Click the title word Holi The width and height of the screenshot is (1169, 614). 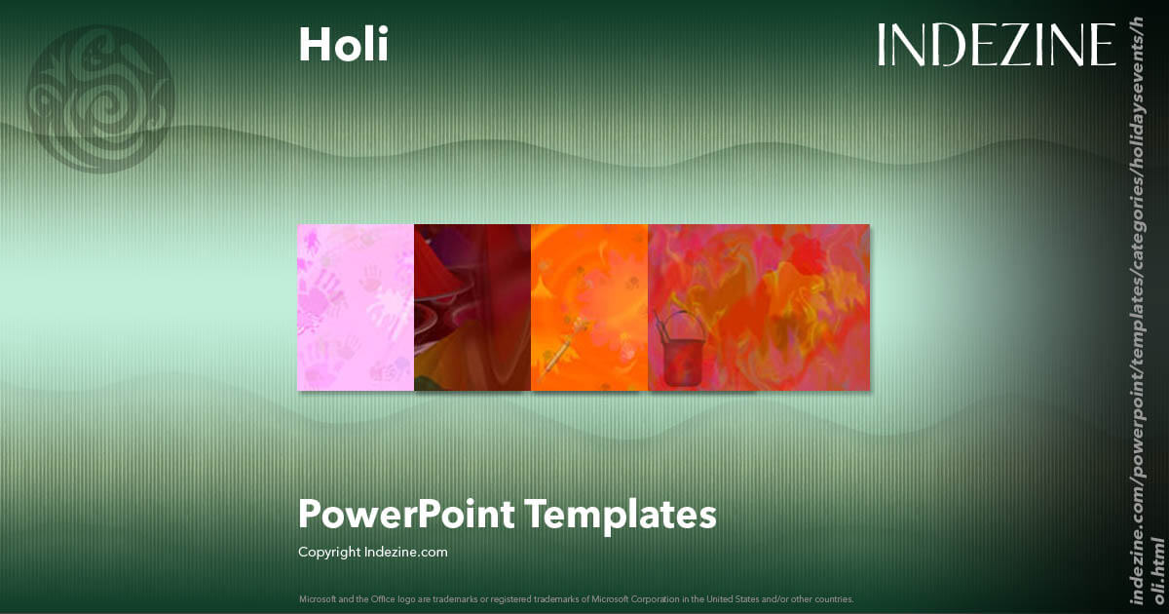coord(343,44)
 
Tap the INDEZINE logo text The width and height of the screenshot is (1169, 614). coord(996,46)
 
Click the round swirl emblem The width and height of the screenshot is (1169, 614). coord(100,98)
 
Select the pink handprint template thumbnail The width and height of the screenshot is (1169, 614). coord(356,307)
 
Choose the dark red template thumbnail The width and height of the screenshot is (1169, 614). coord(472,307)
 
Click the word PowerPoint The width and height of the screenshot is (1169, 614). coord(406,514)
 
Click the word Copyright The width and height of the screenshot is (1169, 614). coord(329,553)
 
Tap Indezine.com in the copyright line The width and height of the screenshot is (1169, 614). coord(405,553)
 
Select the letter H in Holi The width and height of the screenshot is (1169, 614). coord(311,44)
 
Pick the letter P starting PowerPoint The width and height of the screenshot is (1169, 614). coord(308,514)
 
